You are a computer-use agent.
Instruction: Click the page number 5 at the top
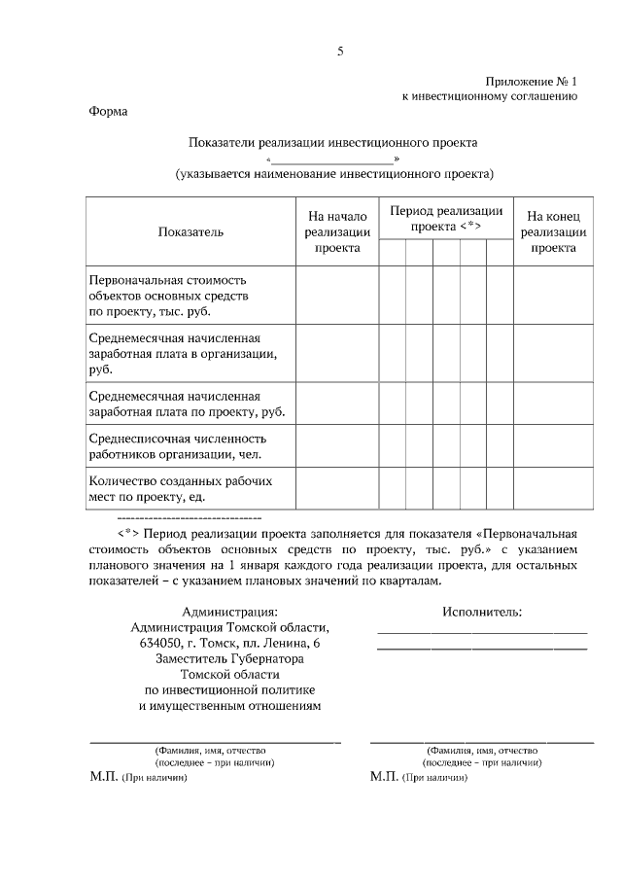tap(340, 52)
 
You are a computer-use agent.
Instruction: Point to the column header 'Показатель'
tap(190, 231)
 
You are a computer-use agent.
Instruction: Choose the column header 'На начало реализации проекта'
tap(336, 231)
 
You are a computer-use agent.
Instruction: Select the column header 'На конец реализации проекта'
tap(552, 231)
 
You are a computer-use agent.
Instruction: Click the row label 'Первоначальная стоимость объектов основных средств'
tap(169, 295)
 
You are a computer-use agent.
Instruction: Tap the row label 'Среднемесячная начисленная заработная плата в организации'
tap(180, 354)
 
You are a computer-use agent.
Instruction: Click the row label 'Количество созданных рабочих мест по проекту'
tap(175, 489)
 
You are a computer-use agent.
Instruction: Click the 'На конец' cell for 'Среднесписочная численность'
tap(552, 445)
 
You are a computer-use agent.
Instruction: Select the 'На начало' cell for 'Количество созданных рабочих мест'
tap(336, 489)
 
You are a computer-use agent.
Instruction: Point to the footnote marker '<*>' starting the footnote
tap(131, 534)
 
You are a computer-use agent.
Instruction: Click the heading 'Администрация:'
tap(229, 612)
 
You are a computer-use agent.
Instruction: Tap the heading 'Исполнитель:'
tap(481, 612)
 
